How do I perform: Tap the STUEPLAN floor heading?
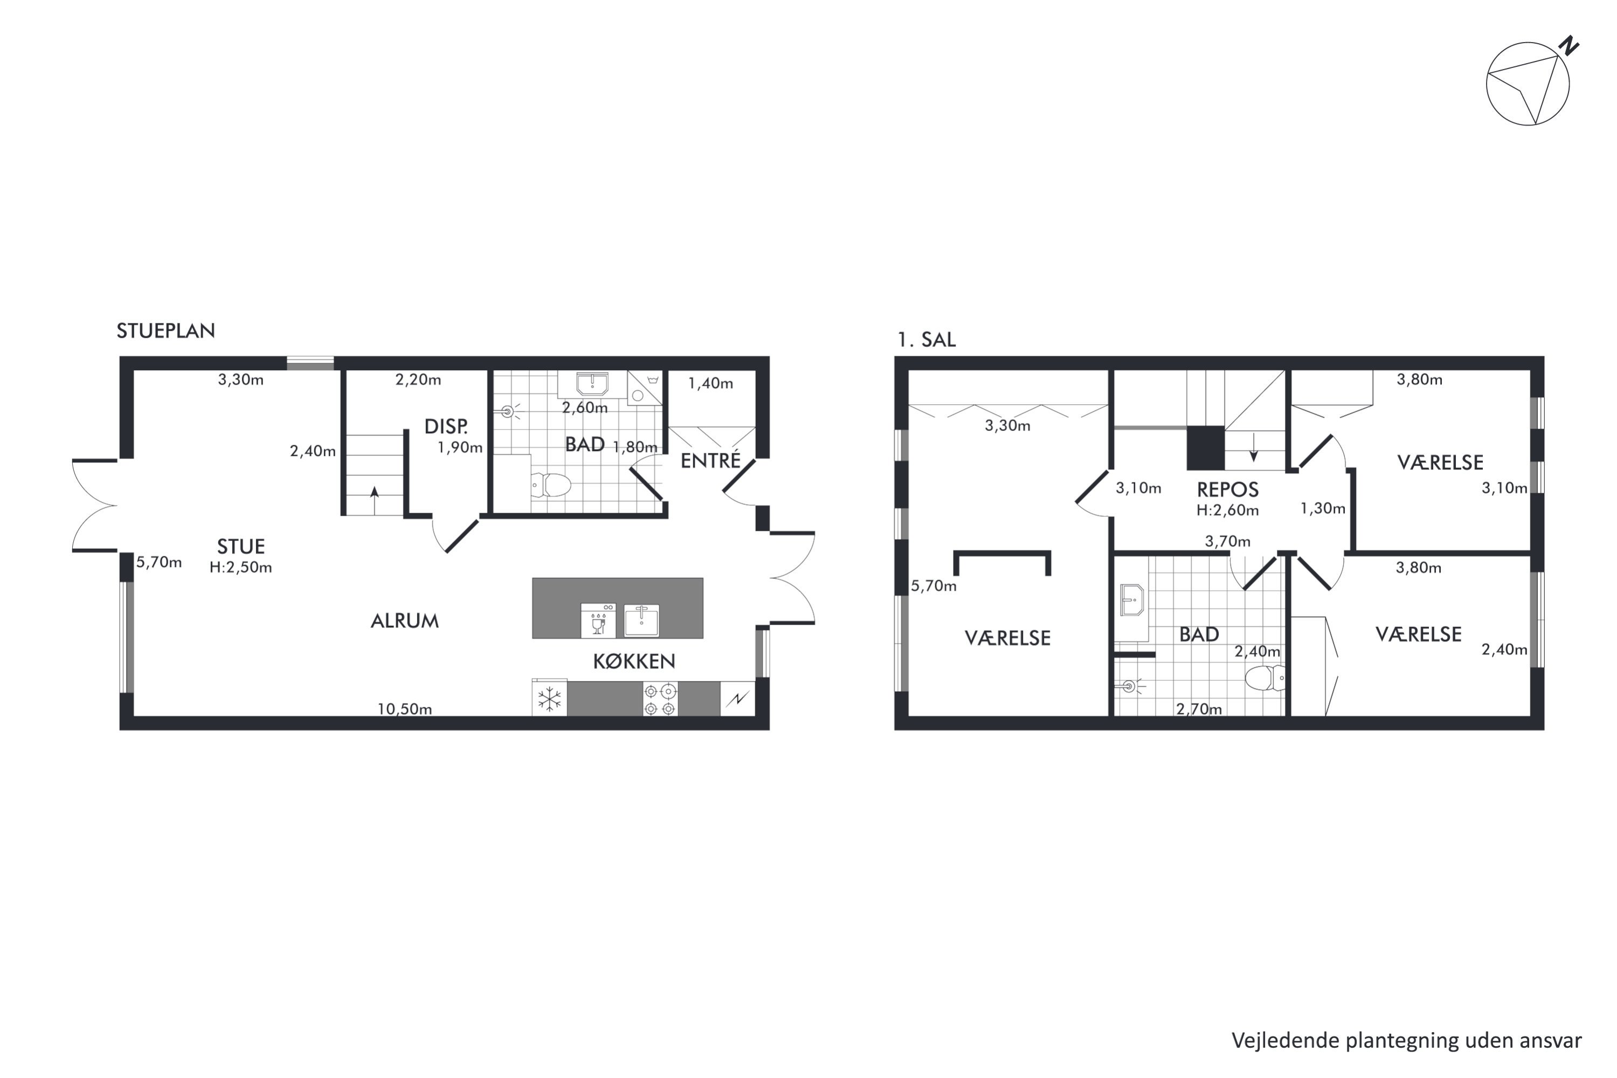pos(165,331)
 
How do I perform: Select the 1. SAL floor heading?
pos(926,340)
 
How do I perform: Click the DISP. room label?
pos(446,426)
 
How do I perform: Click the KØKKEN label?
pos(634,661)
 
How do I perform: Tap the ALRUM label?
pos(404,621)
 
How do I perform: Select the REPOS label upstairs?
pos(1227,489)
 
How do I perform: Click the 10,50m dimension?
pos(404,709)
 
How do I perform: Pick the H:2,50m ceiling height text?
pos(240,567)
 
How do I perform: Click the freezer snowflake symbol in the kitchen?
pos(549,699)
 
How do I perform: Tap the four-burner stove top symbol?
pos(660,699)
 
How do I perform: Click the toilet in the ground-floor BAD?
pos(551,485)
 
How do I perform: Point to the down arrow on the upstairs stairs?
pos(1253,447)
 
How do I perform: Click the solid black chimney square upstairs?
pos(1206,448)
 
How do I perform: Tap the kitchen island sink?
pos(641,620)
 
